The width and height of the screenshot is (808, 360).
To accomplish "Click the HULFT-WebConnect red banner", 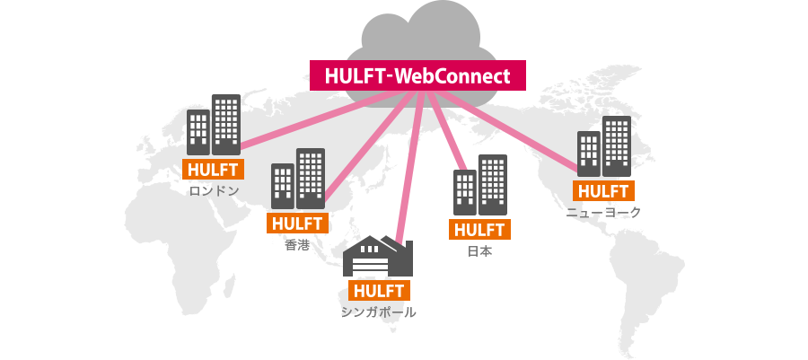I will click(417, 75).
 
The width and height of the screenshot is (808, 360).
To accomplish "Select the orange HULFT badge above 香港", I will click(298, 224).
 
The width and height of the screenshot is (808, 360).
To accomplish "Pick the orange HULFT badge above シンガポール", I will click(379, 290).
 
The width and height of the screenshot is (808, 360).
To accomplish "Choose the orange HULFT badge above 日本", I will click(480, 229).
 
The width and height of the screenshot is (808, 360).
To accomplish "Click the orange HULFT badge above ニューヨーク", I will click(603, 190).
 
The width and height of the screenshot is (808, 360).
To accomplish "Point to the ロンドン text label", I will click(214, 190).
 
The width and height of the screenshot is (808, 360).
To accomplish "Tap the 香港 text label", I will click(297, 244).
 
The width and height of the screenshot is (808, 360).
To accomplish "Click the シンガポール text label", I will click(379, 312).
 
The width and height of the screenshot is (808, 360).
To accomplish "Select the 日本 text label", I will click(480, 251).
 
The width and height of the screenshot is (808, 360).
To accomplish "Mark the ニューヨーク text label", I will click(603, 212).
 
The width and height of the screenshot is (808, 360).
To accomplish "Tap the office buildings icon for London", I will click(214, 126).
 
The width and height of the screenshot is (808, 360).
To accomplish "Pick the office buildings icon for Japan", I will click(480, 186).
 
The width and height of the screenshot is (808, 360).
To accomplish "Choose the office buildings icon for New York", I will click(603, 146).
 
